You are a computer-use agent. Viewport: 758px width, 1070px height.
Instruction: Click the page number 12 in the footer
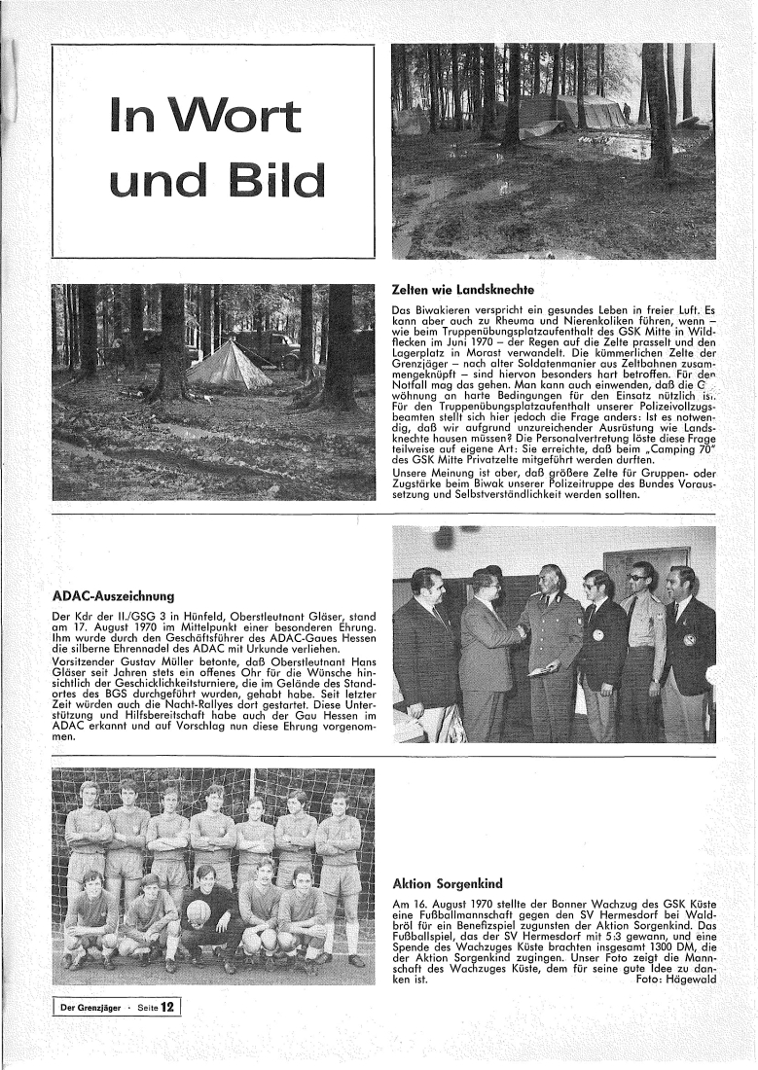[x=167, y=1008]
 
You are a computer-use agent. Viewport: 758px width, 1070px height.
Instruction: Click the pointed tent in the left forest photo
[x=229, y=365]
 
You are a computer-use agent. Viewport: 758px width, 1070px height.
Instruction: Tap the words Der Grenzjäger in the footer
[x=93, y=1008]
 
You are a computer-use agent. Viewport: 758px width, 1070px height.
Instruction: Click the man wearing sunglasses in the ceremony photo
[x=642, y=584]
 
